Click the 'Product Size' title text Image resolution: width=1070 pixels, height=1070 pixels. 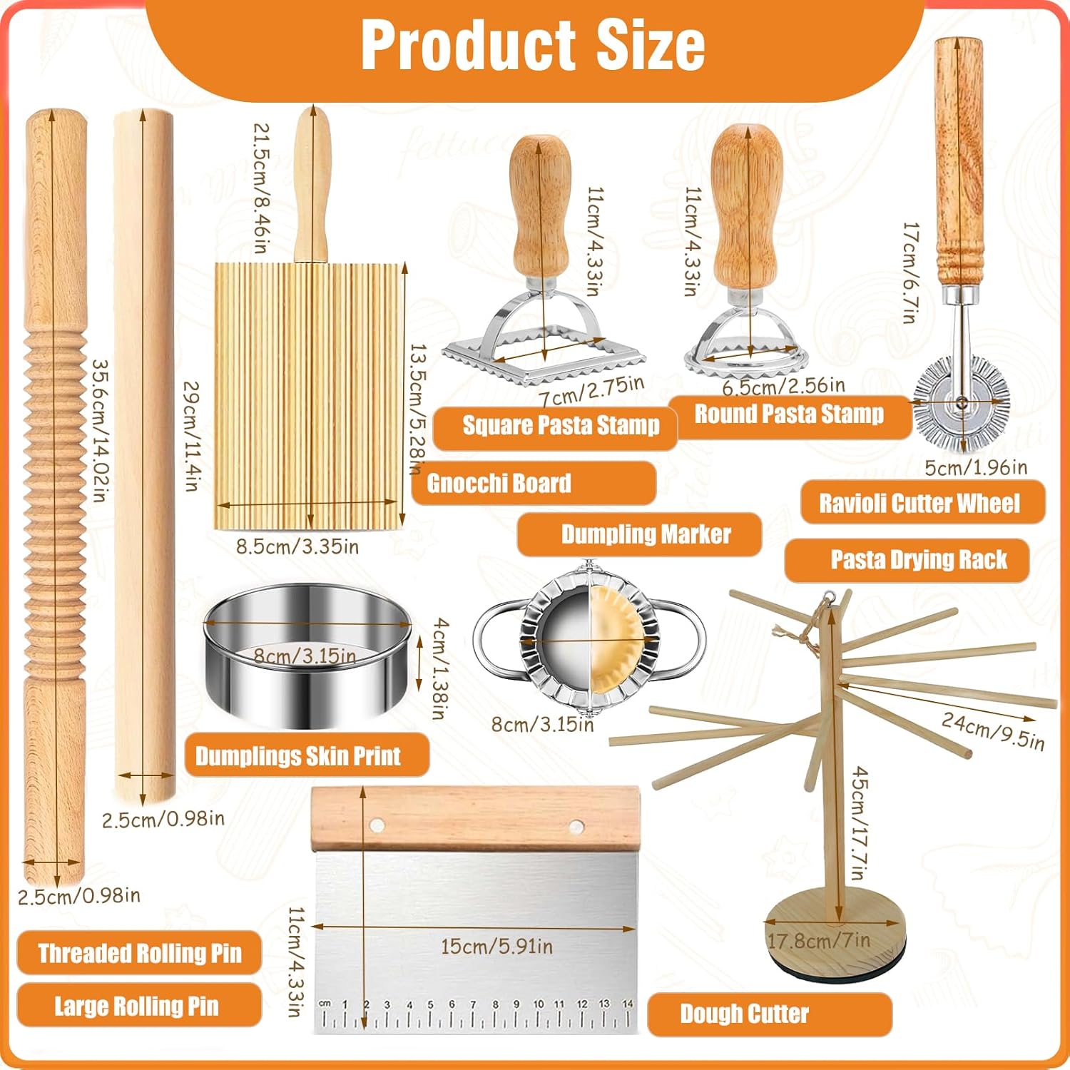[534, 45]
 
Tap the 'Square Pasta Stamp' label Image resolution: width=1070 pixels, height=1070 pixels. [561, 426]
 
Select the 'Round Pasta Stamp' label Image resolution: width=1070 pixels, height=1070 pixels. [789, 414]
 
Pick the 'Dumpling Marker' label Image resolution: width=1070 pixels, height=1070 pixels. [646, 534]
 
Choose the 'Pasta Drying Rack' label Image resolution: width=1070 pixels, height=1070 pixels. [918, 560]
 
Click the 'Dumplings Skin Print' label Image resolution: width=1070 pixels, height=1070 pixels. [298, 756]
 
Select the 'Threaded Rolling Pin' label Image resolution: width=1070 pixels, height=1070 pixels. [140, 954]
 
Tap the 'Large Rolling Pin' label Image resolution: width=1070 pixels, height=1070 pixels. [136, 1007]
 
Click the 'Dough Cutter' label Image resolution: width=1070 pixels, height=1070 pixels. [744, 1014]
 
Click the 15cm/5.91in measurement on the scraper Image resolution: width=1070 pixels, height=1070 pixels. [496, 947]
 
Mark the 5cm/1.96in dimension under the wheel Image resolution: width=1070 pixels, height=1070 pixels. [976, 467]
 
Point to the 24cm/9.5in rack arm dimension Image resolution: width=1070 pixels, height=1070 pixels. [993, 730]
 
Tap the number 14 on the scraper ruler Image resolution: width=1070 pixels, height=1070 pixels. [627, 1004]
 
